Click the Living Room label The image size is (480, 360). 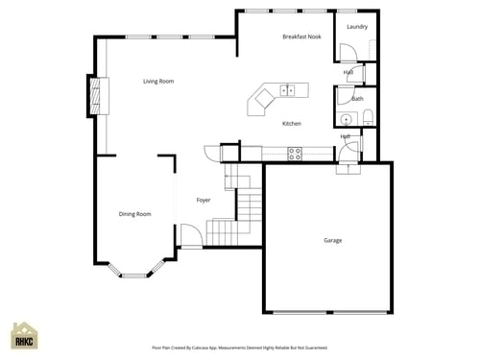[x=158, y=82]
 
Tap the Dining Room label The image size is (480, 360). [x=134, y=214]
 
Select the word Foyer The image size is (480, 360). [x=204, y=201]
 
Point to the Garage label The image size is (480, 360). [x=332, y=240]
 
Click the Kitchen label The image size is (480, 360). [x=292, y=124]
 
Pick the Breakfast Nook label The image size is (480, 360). [x=301, y=36]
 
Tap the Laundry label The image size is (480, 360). [x=357, y=27]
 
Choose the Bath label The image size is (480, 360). [x=357, y=99]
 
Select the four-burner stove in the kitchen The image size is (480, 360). [x=296, y=152]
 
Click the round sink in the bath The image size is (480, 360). [x=347, y=120]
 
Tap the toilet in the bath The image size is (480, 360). [x=367, y=118]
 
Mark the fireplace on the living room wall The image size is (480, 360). [x=95, y=95]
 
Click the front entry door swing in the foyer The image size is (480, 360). [x=190, y=235]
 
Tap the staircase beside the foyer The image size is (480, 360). [x=240, y=206]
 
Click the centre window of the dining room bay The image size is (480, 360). [x=133, y=276]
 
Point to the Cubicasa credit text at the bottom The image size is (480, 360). [x=240, y=348]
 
